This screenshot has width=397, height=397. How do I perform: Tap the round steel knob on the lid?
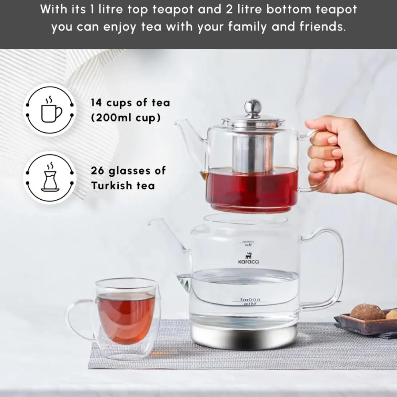(x=253, y=106)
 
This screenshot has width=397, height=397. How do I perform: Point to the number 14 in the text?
(x=96, y=103)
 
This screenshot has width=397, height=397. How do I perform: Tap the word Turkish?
(x=109, y=186)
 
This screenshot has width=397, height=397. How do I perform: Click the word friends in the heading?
(x=322, y=28)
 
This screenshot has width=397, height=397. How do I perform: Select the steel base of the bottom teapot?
(x=245, y=335)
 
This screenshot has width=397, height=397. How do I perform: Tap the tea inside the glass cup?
(x=126, y=317)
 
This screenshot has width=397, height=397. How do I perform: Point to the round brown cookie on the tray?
(x=367, y=312)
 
